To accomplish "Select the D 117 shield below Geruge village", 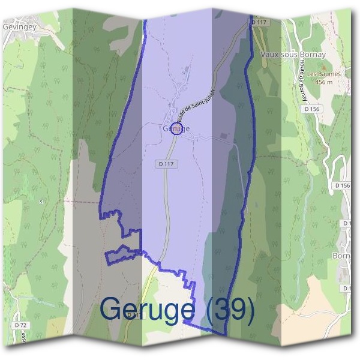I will [167, 163].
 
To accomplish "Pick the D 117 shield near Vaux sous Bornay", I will [258, 22].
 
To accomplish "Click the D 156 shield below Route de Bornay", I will [311, 109].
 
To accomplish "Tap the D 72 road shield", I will [20, 325].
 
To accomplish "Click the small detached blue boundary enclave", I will [122, 254].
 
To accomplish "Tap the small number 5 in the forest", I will [41, 202].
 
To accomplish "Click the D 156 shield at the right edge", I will [343, 186].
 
